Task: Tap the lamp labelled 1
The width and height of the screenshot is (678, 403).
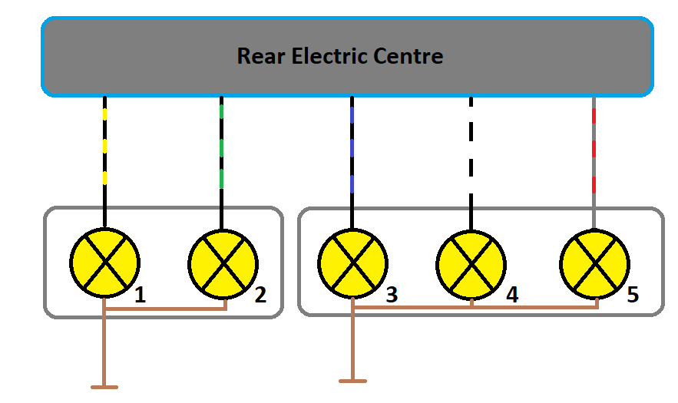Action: click(105, 263)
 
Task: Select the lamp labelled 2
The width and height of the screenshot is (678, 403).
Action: click(223, 263)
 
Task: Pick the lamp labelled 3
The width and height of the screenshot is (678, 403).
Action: click(352, 263)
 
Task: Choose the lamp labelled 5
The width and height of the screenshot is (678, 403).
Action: click(594, 263)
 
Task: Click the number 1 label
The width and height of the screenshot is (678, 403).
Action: click(140, 296)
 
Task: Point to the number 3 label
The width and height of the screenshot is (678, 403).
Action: click(392, 295)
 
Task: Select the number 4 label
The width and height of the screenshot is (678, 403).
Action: click(511, 295)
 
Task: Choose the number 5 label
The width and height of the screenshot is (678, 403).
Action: click(633, 295)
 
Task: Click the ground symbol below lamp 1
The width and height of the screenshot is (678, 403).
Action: click(104, 386)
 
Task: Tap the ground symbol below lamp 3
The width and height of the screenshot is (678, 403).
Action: click(352, 379)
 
